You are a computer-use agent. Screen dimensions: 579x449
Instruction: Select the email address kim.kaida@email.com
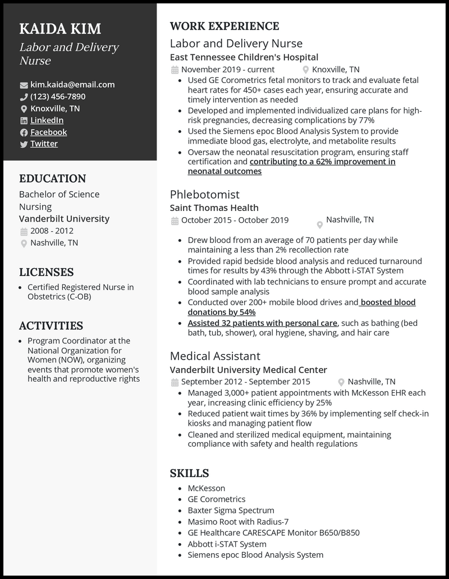[72, 85]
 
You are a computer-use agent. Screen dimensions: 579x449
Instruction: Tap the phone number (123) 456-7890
[58, 96]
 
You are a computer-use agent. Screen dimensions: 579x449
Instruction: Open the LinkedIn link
[47, 120]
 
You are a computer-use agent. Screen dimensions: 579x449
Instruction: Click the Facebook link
[48, 132]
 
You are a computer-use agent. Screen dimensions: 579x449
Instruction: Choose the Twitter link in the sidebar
[44, 144]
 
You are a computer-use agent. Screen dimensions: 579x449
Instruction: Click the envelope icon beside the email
[24, 85]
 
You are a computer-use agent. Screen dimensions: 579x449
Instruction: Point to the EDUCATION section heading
[52, 178]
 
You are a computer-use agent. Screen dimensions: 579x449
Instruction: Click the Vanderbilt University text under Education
[64, 219]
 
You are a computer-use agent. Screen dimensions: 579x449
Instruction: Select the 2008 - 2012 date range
[52, 231]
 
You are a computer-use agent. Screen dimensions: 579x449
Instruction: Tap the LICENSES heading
[46, 272]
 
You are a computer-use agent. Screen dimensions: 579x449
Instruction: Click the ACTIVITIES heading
[51, 325]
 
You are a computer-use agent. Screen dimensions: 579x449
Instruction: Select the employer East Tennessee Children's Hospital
[244, 57]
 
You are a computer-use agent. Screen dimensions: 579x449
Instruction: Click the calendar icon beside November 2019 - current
[175, 70]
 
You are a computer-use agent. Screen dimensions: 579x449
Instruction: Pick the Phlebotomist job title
[204, 194]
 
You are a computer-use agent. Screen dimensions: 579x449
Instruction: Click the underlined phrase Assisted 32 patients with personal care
[263, 323]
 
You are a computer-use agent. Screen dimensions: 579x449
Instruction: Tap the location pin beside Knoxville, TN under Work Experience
[306, 70]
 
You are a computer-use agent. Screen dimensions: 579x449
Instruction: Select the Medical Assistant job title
[215, 356]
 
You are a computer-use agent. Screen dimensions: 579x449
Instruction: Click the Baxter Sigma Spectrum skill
[231, 511]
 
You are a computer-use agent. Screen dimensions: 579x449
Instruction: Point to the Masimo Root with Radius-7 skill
[238, 522]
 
